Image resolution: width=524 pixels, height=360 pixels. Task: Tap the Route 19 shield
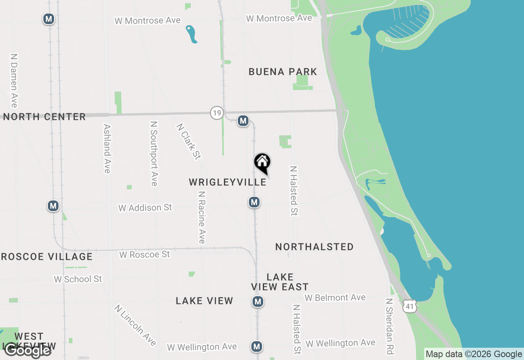point(217,112)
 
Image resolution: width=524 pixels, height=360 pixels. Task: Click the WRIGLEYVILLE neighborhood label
point(228,182)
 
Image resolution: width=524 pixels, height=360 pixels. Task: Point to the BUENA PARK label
point(283,72)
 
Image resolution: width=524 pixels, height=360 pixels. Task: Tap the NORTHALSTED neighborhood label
point(314,247)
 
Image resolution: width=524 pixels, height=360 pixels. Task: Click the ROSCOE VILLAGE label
point(47,257)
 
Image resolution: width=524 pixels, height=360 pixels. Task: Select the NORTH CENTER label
point(44,117)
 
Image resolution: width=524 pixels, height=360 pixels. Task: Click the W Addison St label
point(145,208)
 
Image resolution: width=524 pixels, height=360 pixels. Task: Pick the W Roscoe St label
point(145,254)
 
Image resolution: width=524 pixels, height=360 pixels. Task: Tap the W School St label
point(78,279)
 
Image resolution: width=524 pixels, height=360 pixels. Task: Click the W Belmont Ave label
point(335,298)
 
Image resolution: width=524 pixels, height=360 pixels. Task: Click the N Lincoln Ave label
point(135,325)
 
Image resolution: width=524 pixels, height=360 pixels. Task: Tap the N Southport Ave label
point(154,153)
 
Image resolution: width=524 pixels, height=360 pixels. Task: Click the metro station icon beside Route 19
point(243,121)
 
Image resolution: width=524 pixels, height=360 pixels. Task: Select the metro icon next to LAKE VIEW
point(257,302)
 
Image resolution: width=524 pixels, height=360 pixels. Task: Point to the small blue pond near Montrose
point(191,34)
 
